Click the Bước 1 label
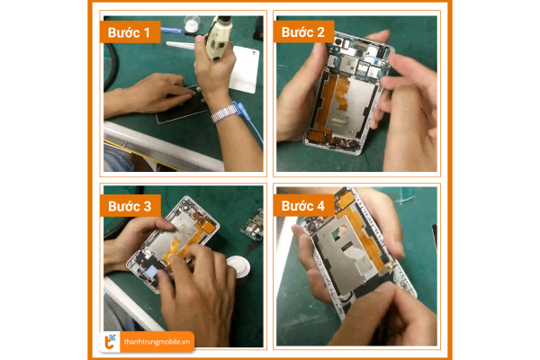coord(129,32)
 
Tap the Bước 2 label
coord(303,32)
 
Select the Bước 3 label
coord(130,206)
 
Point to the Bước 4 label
coord(303,206)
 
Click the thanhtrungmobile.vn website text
coord(157,342)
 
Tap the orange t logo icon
coord(110,342)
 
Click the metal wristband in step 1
coord(224,114)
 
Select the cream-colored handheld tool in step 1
coord(217,39)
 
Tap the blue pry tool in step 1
coord(170,31)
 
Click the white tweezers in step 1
coord(180,45)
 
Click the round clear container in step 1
coord(192,23)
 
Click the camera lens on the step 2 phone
coord(338,42)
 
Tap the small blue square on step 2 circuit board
coord(376,63)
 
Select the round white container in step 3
coord(238,266)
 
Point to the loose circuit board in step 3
coord(253,224)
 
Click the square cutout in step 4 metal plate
coord(337,234)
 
